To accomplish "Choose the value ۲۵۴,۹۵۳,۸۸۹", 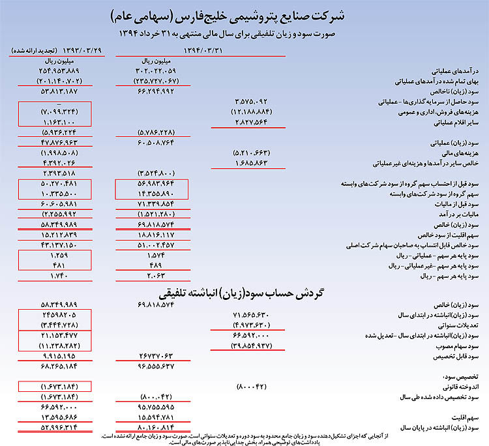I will tap(50, 70).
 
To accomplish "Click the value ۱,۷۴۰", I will tap(50, 276).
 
